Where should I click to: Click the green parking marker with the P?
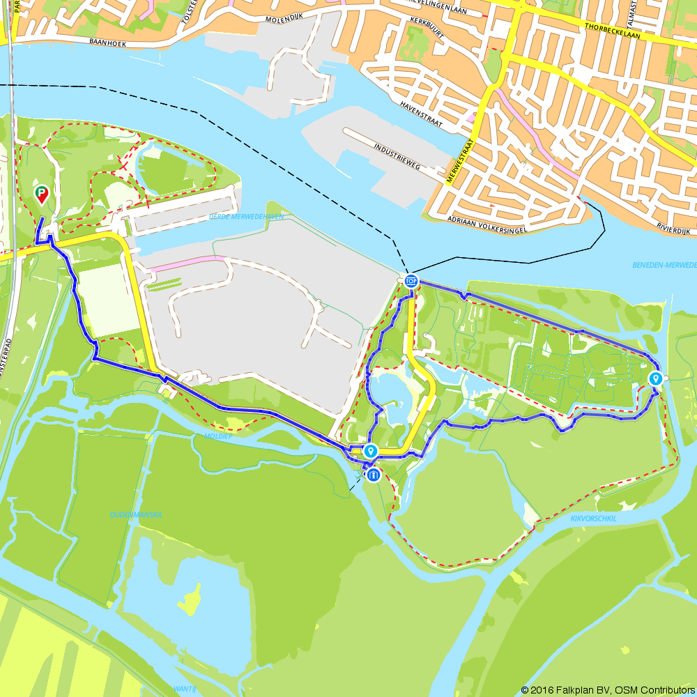(42, 194)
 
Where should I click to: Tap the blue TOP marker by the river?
(411, 281)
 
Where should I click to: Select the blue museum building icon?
(373, 475)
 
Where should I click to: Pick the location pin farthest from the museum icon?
(655, 378)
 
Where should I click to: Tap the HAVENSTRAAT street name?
(421, 114)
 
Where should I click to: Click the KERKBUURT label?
(428, 22)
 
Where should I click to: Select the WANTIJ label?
(185, 689)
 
